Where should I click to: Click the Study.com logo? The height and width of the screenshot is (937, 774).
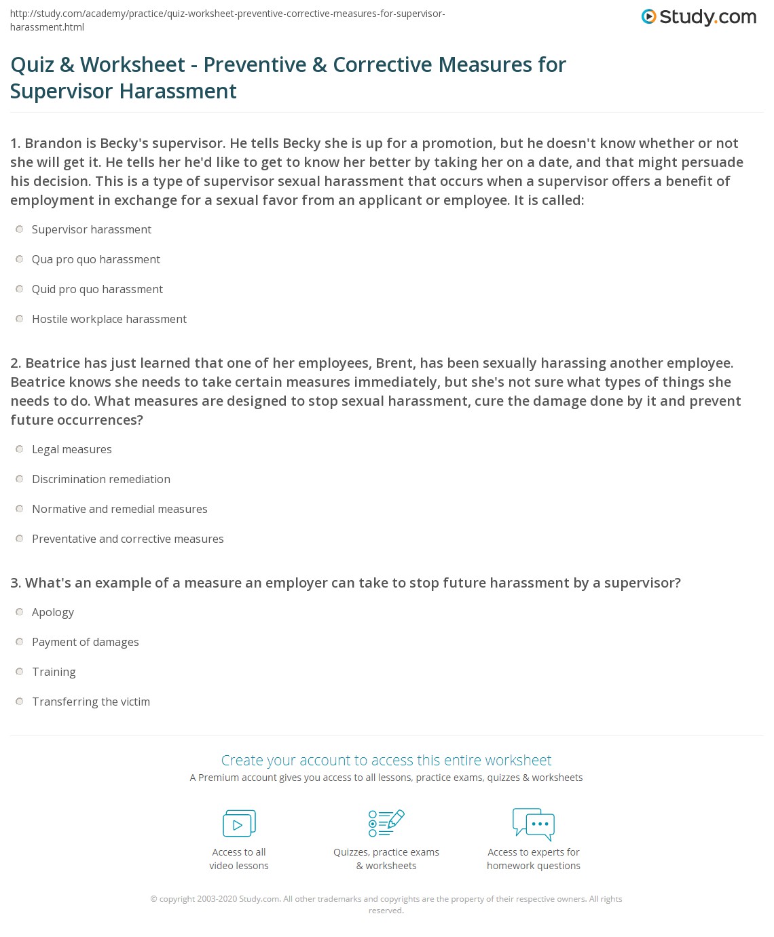tap(699, 17)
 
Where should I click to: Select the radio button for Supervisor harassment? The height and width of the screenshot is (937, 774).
tap(20, 230)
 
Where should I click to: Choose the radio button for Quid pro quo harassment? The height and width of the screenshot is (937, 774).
tap(20, 290)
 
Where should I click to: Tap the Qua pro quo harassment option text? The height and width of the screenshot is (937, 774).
tap(96, 259)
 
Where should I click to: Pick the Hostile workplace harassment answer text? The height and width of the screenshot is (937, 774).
tap(109, 319)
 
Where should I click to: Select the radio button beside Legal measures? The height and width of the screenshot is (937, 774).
tap(20, 450)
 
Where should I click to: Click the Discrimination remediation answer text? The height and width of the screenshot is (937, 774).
tap(101, 479)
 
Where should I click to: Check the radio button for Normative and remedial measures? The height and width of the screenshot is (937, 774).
tap(20, 510)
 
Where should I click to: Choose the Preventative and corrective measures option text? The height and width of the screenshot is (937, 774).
tap(128, 539)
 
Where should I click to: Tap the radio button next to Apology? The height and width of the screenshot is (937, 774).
tap(20, 613)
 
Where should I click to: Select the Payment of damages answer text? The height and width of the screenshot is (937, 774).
tap(86, 642)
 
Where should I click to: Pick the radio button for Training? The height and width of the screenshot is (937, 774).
tap(20, 672)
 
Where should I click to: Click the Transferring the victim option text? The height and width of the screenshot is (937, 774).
tap(91, 702)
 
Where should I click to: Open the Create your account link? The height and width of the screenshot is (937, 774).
tap(386, 760)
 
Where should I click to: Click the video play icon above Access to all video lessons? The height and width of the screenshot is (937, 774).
tap(239, 824)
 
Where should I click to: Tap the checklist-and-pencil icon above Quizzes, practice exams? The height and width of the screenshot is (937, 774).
tap(386, 823)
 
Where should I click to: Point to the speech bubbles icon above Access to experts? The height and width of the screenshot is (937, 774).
tap(534, 824)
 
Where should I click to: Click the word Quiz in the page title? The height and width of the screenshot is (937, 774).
tap(32, 64)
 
